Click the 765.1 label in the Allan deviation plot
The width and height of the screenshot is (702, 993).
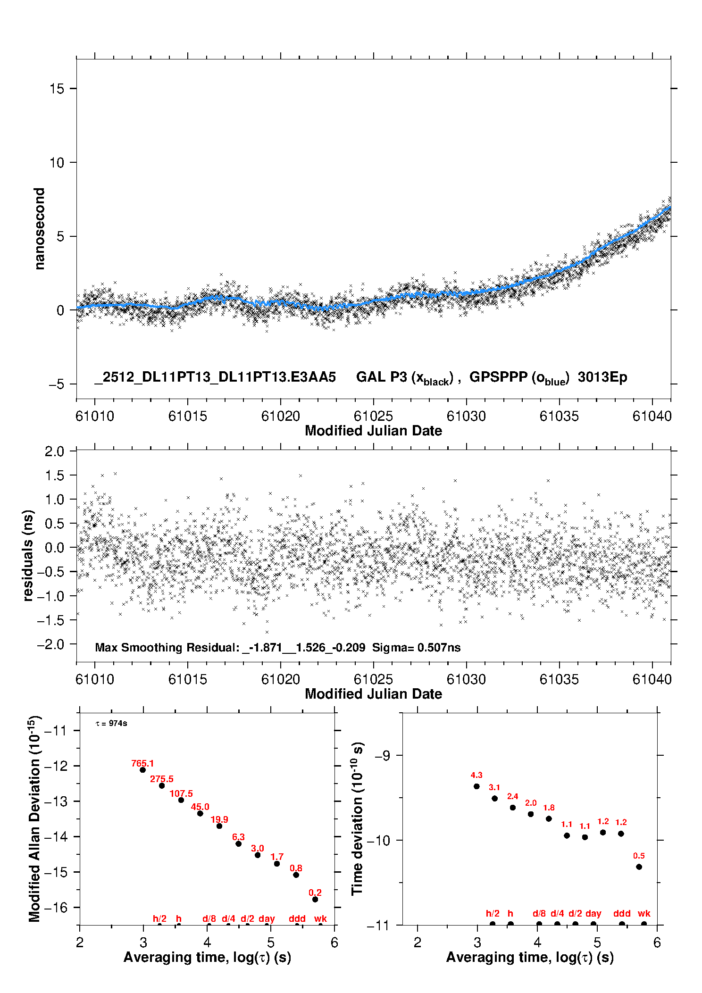click(142, 763)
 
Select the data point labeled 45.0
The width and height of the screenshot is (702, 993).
click(200, 813)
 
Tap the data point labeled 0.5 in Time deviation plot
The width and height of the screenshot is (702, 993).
click(639, 867)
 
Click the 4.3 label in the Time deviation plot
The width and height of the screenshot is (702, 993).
click(476, 775)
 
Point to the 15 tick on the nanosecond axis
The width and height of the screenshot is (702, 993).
click(57, 89)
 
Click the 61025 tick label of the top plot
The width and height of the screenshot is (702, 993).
click(373, 416)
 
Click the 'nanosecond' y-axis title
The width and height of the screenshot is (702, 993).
click(40, 229)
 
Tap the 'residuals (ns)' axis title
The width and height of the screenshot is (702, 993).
click(28, 555)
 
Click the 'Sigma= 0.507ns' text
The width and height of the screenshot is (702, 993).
click(416, 647)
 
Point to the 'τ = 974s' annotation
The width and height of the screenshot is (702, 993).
click(111, 723)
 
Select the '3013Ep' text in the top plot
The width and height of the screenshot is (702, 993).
click(602, 377)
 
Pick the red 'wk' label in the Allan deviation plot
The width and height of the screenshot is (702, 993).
click(320, 918)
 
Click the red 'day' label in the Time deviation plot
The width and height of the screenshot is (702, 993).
click(593, 913)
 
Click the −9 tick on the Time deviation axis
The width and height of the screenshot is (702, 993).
click(382, 755)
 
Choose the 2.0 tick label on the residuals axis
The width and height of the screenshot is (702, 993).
click(54, 451)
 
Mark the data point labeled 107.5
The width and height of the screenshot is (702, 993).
click(181, 800)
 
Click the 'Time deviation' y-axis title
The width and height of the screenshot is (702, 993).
click(358, 818)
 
